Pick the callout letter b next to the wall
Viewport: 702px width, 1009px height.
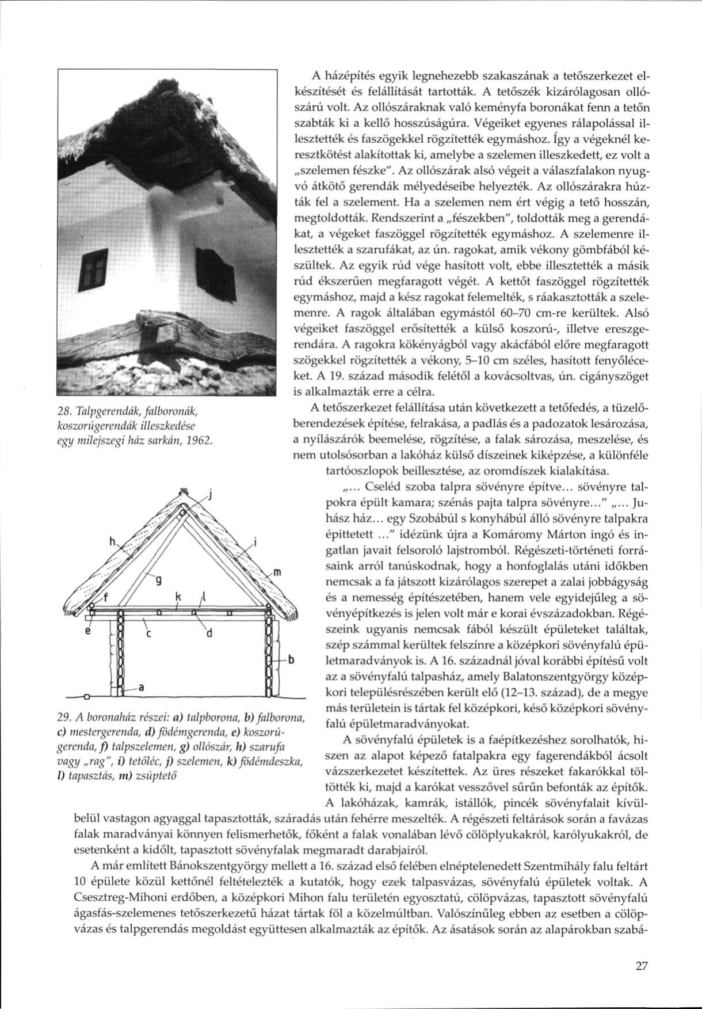[x=292, y=659]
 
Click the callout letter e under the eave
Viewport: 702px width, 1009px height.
[x=87, y=631]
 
